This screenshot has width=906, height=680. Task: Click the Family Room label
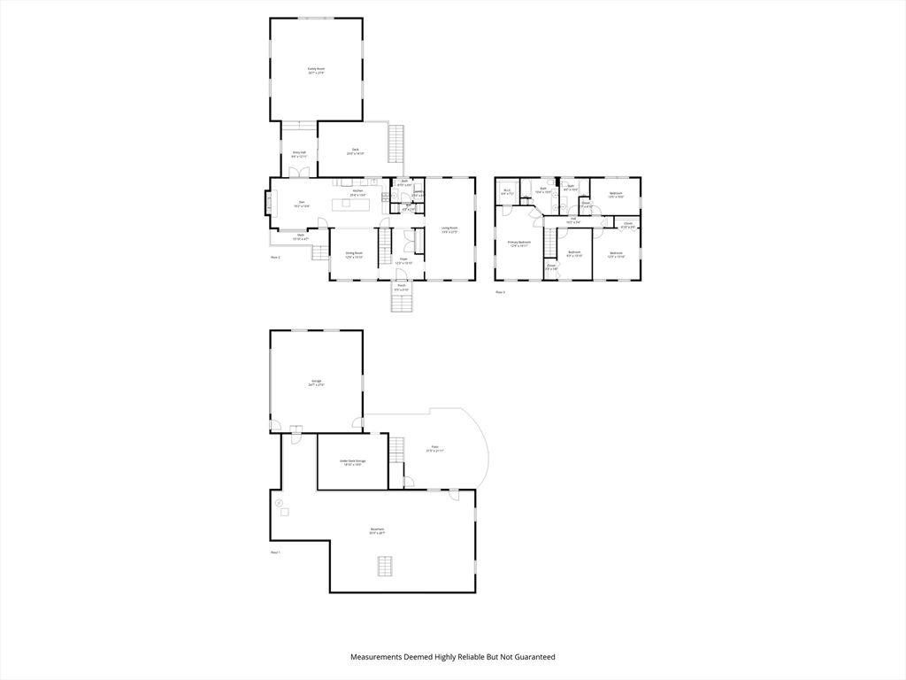(x=316, y=71)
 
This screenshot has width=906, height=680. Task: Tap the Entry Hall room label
(x=299, y=154)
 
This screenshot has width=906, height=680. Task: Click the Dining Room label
(x=354, y=255)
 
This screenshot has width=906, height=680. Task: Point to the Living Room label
(x=449, y=229)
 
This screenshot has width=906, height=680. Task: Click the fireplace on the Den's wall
(x=267, y=205)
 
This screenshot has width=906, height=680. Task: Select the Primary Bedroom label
(x=518, y=243)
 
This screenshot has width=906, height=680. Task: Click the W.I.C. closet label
(x=507, y=191)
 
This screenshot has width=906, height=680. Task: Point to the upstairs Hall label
(x=572, y=220)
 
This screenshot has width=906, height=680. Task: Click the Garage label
(x=316, y=383)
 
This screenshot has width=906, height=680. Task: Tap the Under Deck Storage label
(x=352, y=462)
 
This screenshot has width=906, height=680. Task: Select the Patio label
(x=434, y=449)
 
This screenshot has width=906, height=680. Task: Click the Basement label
(x=377, y=531)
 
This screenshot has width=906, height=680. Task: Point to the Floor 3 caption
(x=500, y=291)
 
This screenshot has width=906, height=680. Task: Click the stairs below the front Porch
(x=403, y=304)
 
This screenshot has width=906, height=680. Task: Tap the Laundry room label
(x=418, y=193)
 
